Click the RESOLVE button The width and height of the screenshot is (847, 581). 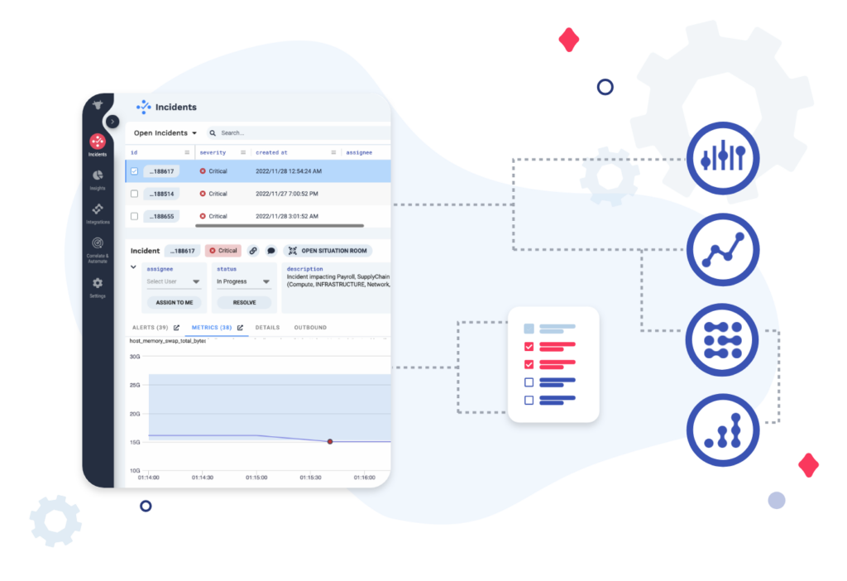pyautogui.click(x=244, y=302)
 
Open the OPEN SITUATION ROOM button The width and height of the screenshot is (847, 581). pyautogui.click(x=328, y=251)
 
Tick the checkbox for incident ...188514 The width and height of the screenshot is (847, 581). pyautogui.click(x=134, y=194)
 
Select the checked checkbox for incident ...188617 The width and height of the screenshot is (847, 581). pyautogui.click(x=134, y=171)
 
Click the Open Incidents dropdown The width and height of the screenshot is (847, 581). pyautogui.click(x=165, y=132)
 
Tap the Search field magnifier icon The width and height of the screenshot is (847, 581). pyautogui.click(x=213, y=132)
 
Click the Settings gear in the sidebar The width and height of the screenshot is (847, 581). pyautogui.click(x=98, y=284)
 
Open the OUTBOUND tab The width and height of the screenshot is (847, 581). pyautogui.click(x=310, y=328)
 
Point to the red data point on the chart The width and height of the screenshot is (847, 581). pyautogui.click(x=330, y=441)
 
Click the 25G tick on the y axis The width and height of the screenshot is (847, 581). pyautogui.click(x=134, y=386)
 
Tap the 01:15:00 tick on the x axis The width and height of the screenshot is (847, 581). pyautogui.click(x=256, y=478)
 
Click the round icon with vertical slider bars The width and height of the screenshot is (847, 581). pyautogui.click(x=724, y=157)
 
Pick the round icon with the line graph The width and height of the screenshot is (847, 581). pyautogui.click(x=724, y=249)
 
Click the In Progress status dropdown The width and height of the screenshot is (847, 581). pyautogui.click(x=244, y=281)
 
